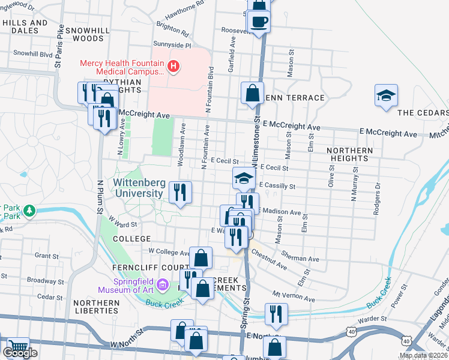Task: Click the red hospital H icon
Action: (173, 66)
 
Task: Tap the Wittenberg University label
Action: (137, 188)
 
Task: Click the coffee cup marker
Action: (259, 23)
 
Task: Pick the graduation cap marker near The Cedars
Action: (386, 95)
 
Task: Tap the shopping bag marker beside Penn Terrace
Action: (252, 94)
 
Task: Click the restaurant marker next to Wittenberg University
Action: (180, 193)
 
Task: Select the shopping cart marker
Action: (18, 347)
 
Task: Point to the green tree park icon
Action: (28, 211)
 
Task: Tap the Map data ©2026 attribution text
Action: (423, 355)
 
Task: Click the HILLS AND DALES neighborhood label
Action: (25, 27)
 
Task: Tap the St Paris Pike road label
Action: (58, 55)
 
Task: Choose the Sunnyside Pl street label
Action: (171, 45)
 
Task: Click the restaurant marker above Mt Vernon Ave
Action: (276, 313)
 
